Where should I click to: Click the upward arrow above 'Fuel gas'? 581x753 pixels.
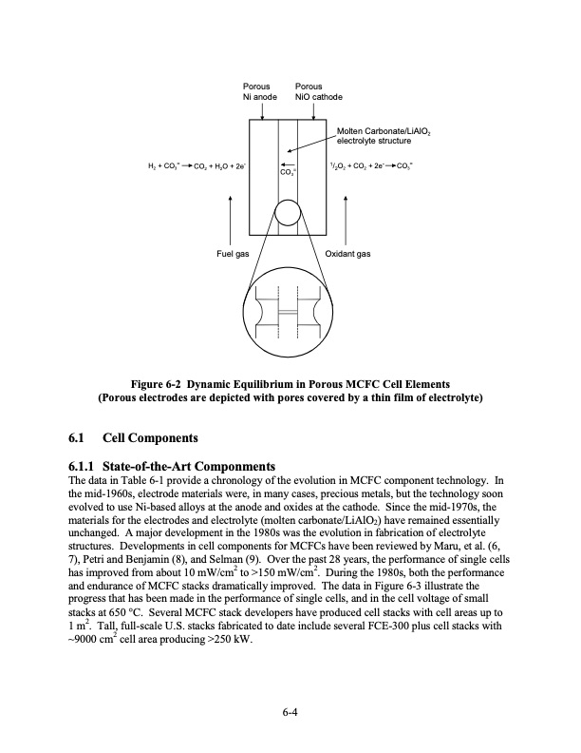(x=231, y=219)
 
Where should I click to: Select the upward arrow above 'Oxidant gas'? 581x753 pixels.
(x=346, y=219)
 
